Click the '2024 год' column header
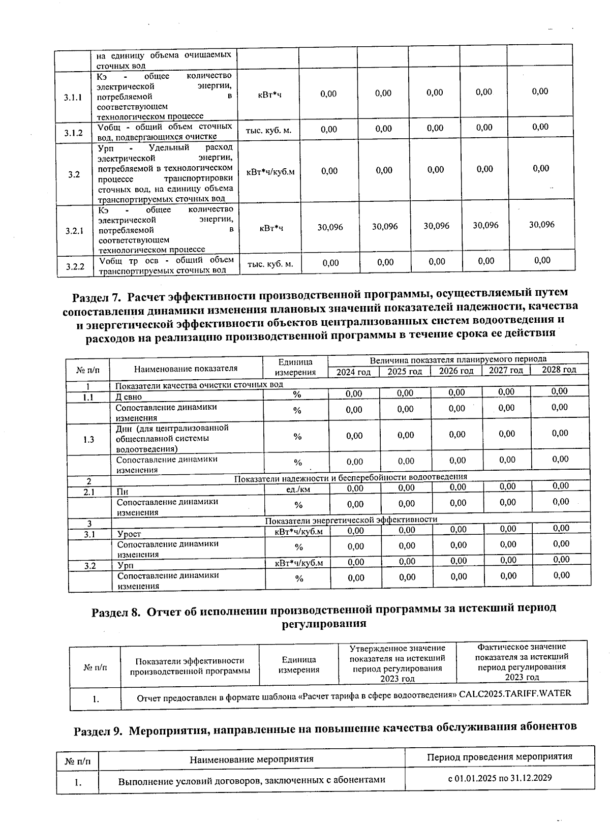(x=353, y=372)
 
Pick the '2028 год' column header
(x=559, y=370)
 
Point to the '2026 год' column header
(x=456, y=371)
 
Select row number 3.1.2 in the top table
(x=73, y=133)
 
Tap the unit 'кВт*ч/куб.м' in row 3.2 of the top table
(x=270, y=172)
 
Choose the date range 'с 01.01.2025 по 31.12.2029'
(x=500, y=778)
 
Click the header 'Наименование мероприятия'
(x=251, y=759)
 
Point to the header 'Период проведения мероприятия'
(x=499, y=756)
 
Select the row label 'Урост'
(x=129, y=534)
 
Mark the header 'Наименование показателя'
(x=186, y=368)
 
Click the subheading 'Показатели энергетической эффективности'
(x=351, y=520)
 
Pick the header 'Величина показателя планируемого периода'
(x=457, y=359)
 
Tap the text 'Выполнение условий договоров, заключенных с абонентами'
(x=252, y=780)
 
